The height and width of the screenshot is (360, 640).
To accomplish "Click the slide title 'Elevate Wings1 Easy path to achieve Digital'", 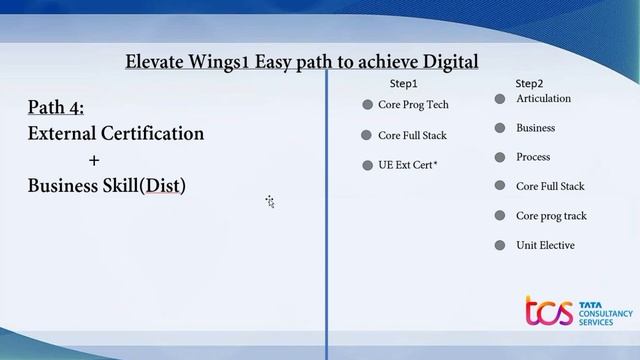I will click(302, 62).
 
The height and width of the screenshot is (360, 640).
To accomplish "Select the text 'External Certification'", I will click(116, 133).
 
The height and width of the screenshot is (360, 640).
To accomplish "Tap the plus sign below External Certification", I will click(94, 160).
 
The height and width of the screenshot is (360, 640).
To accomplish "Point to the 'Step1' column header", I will click(403, 84).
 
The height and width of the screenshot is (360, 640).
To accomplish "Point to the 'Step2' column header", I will click(529, 84).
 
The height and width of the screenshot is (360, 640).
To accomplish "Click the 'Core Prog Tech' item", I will click(413, 105).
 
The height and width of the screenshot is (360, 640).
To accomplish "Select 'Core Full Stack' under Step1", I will click(412, 135).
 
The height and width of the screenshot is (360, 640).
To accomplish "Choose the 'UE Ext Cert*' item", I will click(407, 165).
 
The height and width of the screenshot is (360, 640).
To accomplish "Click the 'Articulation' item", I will click(543, 99).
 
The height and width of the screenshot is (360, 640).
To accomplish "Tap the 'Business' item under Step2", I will click(535, 128).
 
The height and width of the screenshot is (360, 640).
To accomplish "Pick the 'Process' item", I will click(533, 157).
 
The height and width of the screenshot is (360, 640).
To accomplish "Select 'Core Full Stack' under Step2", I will click(550, 186).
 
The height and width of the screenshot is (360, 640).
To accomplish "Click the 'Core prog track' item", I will click(551, 216).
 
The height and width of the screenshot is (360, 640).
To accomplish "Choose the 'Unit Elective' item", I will click(545, 245).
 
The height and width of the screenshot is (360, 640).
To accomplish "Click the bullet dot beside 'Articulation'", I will click(500, 99).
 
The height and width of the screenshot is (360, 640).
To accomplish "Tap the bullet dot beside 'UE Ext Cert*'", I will click(367, 165).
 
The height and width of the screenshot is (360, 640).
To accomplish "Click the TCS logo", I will click(578, 312).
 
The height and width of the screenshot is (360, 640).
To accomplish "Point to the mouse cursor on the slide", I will click(270, 202).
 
